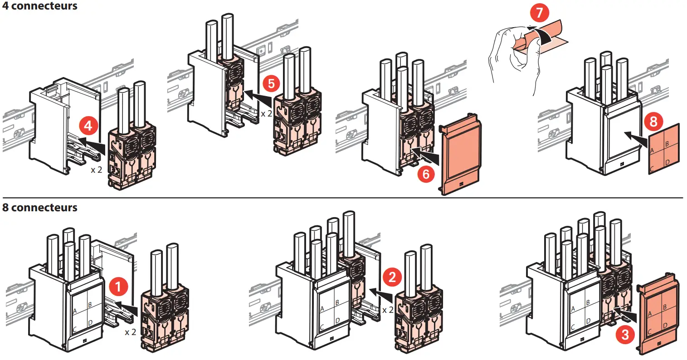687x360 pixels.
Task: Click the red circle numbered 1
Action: click(119, 287)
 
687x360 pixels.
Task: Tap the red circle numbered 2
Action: click(392, 276)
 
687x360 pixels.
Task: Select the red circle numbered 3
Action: click(625, 335)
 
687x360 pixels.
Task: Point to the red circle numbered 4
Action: click(88, 125)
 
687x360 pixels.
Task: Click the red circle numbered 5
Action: click(271, 83)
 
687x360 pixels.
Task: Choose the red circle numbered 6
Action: click(426, 174)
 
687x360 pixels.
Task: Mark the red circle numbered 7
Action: click(539, 12)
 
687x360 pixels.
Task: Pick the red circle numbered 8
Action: click(653, 121)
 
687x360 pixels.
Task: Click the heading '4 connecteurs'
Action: click(40, 6)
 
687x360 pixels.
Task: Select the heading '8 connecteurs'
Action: click(40, 208)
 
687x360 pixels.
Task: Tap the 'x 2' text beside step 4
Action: click(96, 170)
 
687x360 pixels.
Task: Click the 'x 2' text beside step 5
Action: click(266, 113)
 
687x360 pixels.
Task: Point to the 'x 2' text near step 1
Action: click(130, 332)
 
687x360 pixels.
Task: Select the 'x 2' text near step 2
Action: click(388, 310)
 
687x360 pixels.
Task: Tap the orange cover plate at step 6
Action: click(460, 156)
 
